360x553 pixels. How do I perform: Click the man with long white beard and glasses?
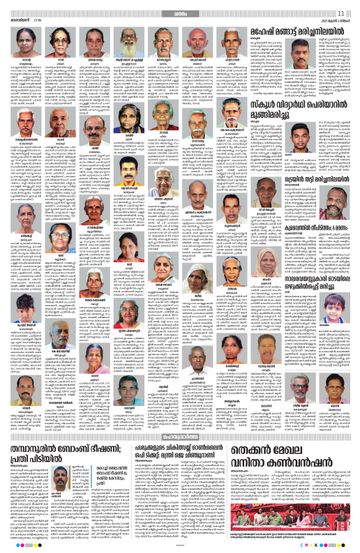pos(130,43)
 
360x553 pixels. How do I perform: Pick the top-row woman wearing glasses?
pos(59,43)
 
